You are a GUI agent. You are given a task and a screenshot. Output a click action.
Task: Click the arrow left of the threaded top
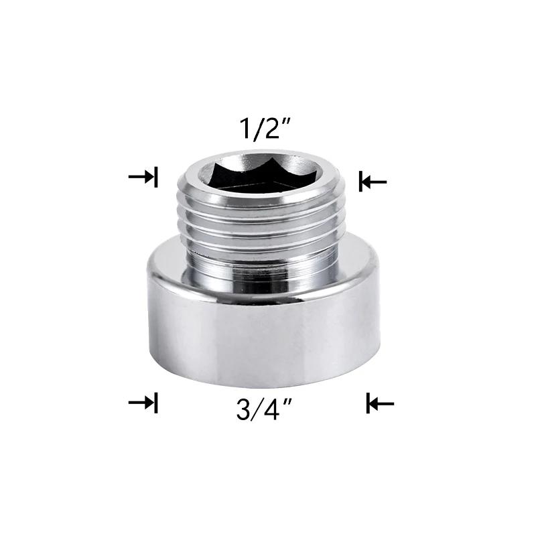pyautogui.click(x=142, y=177)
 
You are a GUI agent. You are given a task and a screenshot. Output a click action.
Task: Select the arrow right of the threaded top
pyautogui.click(x=373, y=181)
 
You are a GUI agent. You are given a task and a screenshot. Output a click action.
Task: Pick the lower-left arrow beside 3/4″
pyautogui.click(x=142, y=403)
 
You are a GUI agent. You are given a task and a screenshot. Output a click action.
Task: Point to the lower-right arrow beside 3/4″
pyautogui.click(x=381, y=403)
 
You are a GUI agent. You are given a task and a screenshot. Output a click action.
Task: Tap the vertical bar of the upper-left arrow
pyautogui.click(x=155, y=177)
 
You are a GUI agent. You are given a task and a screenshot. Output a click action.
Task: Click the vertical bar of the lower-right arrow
pyautogui.click(x=368, y=403)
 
